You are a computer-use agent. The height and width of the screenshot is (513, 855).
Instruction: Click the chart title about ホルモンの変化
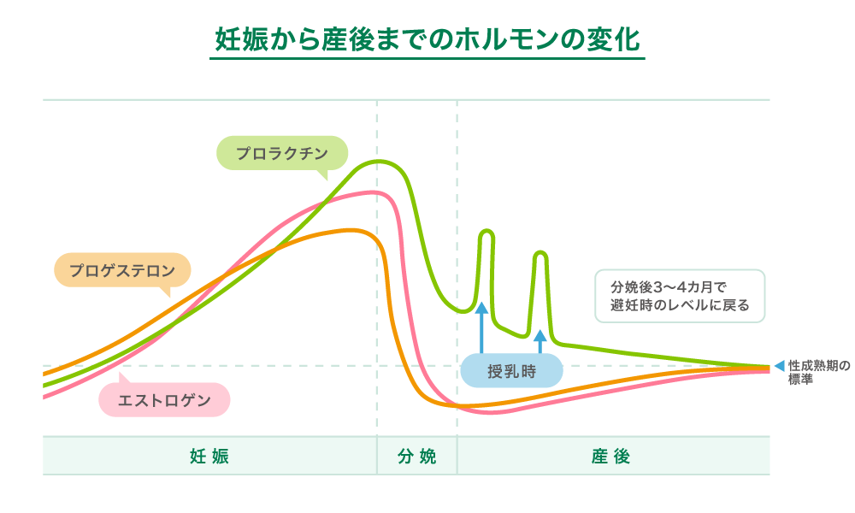click(427, 39)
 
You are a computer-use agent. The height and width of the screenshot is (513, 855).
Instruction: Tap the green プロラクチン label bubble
click(281, 153)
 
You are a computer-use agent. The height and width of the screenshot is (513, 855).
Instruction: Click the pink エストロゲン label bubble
click(164, 400)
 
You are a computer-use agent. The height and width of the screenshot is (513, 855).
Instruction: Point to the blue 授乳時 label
click(511, 371)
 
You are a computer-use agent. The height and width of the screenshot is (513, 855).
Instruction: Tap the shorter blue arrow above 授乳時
click(540, 341)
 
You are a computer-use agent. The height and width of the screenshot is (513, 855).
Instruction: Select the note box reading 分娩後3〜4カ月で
click(680, 296)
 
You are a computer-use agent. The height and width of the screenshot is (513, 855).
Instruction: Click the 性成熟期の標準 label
click(819, 372)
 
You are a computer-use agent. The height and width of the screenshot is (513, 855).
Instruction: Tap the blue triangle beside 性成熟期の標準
click(779, 366)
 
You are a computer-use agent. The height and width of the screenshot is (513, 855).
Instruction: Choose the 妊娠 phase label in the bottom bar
click(209, 456)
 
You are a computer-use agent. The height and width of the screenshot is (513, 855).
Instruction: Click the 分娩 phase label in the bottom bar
click(416, 456)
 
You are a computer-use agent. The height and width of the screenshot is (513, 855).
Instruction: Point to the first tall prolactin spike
click(487, 232)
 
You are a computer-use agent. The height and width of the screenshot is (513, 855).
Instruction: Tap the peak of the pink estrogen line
click(373, 192)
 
